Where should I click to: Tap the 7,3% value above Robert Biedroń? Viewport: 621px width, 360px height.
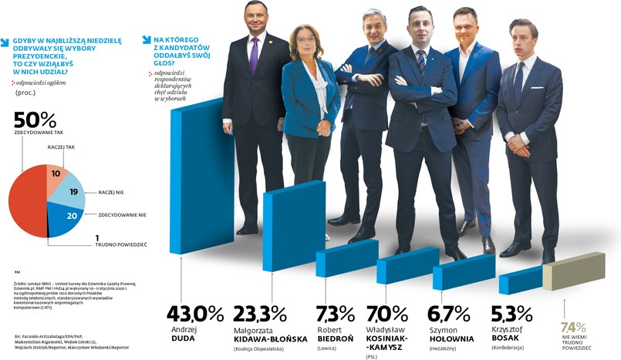pyautogui.click(x=336, y=315)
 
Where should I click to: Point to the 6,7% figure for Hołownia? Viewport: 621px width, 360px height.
pyautogui.click(x=448, y=315)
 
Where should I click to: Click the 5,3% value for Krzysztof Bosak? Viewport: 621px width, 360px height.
pyautogui.click(x=511, y=315)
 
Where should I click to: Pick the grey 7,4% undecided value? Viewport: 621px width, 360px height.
pyautogui.click(x=572, y=327)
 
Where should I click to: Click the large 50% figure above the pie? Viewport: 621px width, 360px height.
pyautogui.click(x=35, y=119)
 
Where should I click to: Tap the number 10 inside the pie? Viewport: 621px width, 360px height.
pyautogui.click(x=56, y=174)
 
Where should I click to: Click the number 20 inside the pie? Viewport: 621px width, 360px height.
pyautogui.click(x=70, y=217)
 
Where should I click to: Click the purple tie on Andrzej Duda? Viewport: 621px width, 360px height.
pyautogui.click(x=255, y=56)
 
